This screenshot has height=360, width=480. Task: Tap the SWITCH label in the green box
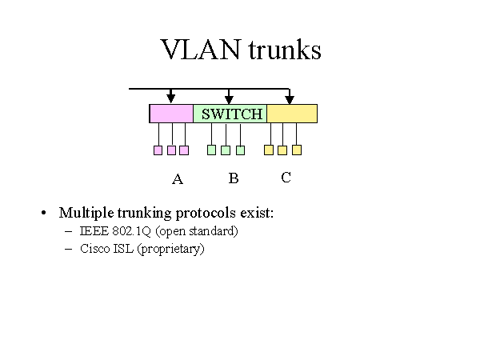pyautogui.click(x=232, y=114)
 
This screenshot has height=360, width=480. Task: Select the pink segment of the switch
pyautogui.click(x=171, y=114)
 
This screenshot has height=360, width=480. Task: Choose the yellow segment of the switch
pyautogui.click(x=292, y=114)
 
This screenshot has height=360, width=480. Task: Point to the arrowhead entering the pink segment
pyautogui.click(x=170, y=98)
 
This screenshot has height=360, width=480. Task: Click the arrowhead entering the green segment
pyautogui.click(x=230, y=98)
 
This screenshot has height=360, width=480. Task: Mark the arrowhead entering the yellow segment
pyautogui.click(x=290, y=98)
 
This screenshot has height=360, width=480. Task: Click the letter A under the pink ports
pyautogui.click(x=178, y=179)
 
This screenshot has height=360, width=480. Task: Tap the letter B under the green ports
pyautogui.click(x=234, y=178)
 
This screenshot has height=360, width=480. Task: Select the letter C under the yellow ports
pyautogui.click(x=286, y=178)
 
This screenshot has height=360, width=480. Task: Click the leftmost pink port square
pyautogui.click(x=158, y=150)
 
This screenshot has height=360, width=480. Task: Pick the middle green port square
pyautogui.click(x=226, y=150)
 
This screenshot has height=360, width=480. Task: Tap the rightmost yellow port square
pyautogui.click(x=297, y=150)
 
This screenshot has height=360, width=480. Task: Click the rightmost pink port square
pyautogui.click(x=184, y=150)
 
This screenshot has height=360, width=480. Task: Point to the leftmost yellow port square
pyautogui.click(x=269, y=150)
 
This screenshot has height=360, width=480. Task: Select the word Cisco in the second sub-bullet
pyautogui.click(x=95, y=249)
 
